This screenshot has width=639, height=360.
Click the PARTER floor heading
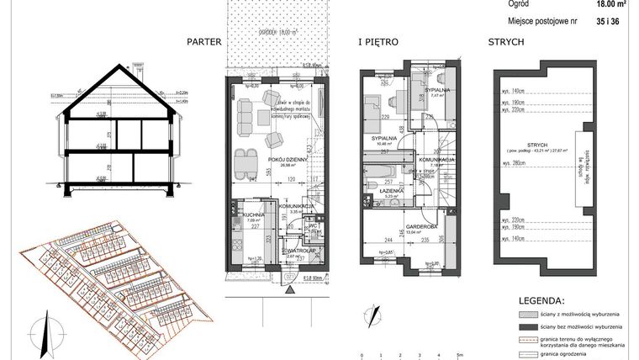[205, 41]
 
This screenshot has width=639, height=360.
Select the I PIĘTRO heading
[378, 41]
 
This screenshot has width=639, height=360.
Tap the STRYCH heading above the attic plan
[507, 41]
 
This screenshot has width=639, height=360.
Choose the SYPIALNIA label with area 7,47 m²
[440, 89]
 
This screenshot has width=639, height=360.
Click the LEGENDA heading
[540, 298]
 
